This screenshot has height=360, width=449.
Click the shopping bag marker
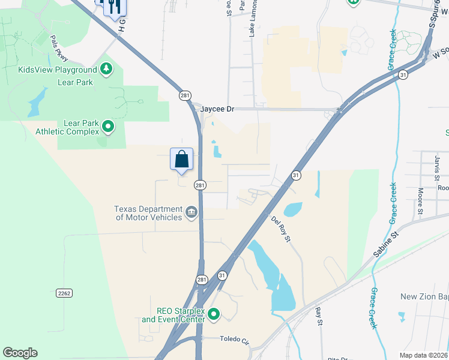[182, 160]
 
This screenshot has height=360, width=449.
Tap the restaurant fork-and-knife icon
[114, 7]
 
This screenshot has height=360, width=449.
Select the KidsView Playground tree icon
[107, 70]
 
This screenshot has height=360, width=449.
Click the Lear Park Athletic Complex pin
[108, 127]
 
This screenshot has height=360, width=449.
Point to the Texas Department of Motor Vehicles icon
[191, 211]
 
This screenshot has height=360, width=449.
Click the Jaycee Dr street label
[217, 109]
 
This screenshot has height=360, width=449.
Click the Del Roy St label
[280, 230]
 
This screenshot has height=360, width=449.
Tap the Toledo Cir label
[234, 340]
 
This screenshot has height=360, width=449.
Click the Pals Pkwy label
[59, 48]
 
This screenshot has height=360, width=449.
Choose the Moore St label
[421, 200]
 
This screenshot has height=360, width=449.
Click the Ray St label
[319, 317]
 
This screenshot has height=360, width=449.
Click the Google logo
[20, 353]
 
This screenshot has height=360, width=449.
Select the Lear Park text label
[76, 82]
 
